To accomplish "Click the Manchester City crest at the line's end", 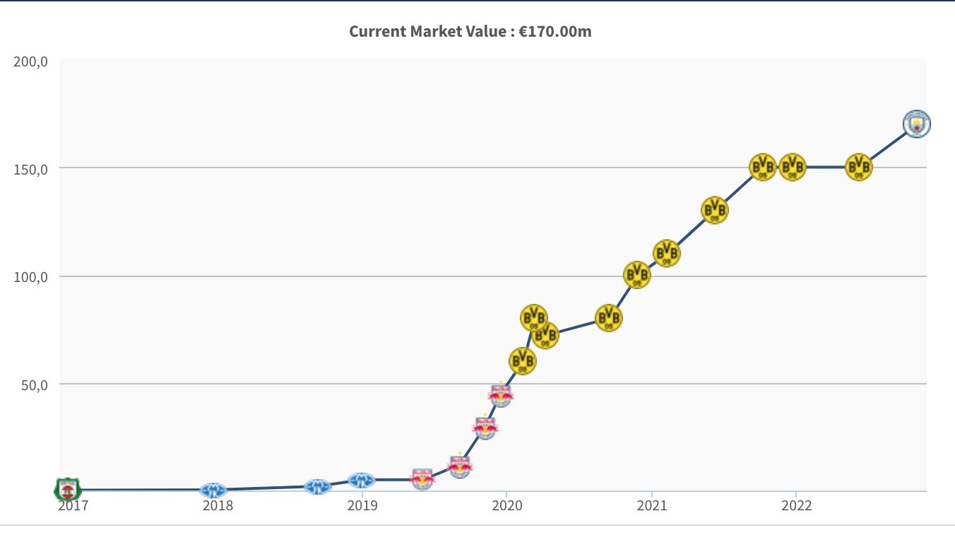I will click(916, 124).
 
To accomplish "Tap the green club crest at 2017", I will click(68, 488).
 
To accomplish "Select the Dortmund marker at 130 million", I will click(714, 210).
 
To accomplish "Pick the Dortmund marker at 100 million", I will click(636, 274).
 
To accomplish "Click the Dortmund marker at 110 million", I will click(666, 252).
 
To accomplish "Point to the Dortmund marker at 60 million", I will click(522, 361).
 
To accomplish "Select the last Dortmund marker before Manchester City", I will click(859, 167).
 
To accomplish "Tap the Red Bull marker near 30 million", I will click(485, 427).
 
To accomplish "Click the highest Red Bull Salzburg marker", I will click(501, 394).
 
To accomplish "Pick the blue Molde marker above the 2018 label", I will click(213, 490).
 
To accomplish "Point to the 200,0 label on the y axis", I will click(30, 61).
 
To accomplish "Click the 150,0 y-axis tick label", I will click(30, 170).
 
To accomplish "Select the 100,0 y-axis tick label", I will click(30, 277).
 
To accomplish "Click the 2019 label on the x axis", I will click(362, 506).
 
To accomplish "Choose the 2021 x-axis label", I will click(651, 506).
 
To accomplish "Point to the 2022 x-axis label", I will click(796, 506).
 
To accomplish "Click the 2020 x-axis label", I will click(506, 506).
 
